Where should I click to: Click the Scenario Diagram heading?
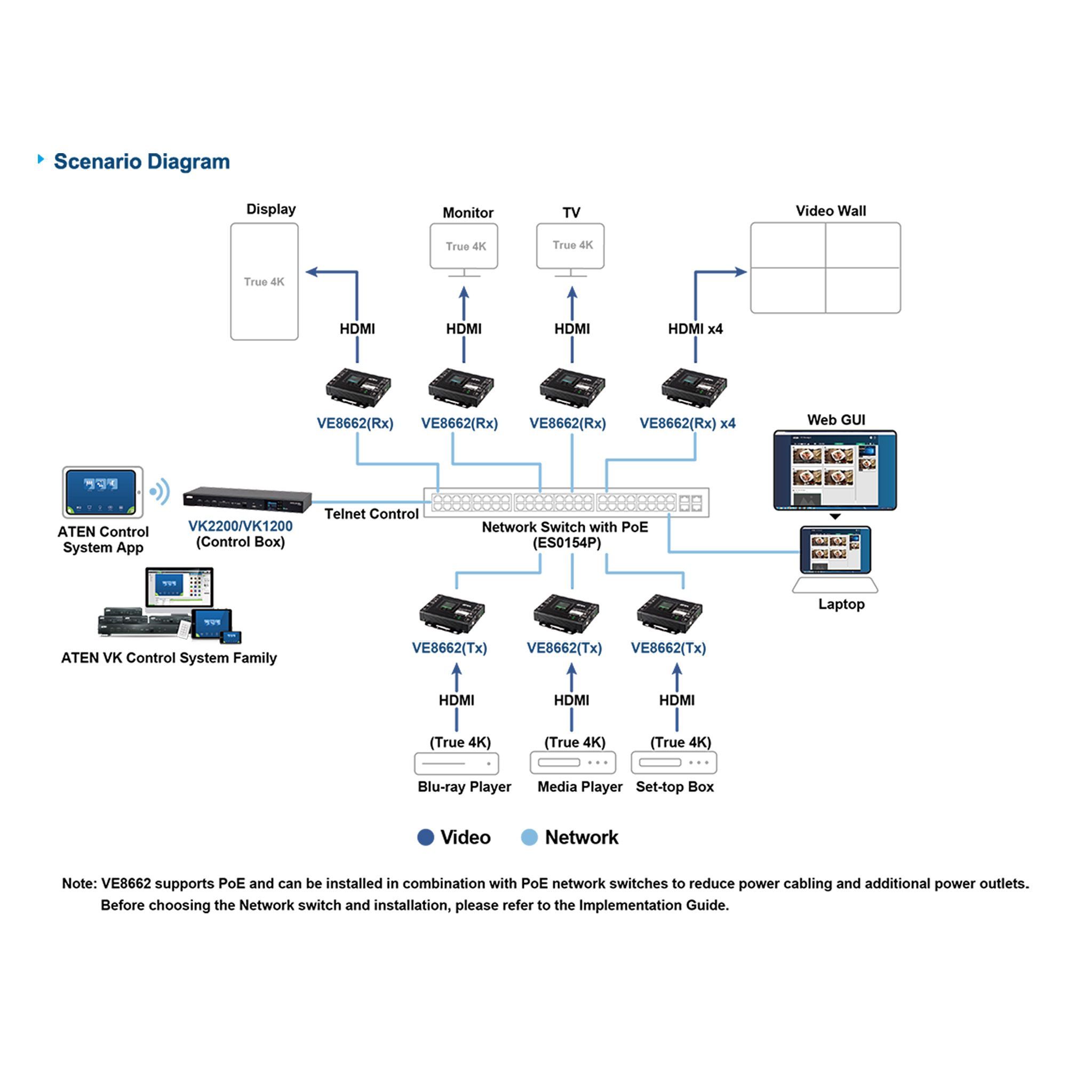click(141, 162)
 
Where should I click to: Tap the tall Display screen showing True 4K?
click(264, 282)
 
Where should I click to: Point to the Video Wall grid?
click(825, 268)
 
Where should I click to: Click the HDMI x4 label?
click(695, 329)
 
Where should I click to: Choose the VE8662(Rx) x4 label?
click(687, 424)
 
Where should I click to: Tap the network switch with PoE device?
click(566, 503)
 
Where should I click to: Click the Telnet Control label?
click(371, 514)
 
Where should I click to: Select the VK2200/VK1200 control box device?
click(247, 499)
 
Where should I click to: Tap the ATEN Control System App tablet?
click(103, 492)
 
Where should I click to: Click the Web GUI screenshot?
click(835, 471)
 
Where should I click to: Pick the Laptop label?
click(841, 604)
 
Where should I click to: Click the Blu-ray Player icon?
click(456, 764)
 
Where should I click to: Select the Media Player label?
click(580, 787)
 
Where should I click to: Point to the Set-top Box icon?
click(674, 763)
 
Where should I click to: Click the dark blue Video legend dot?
click(425, 838)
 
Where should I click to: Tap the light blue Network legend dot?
click(529, 838)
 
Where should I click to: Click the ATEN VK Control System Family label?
click(169, 658)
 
